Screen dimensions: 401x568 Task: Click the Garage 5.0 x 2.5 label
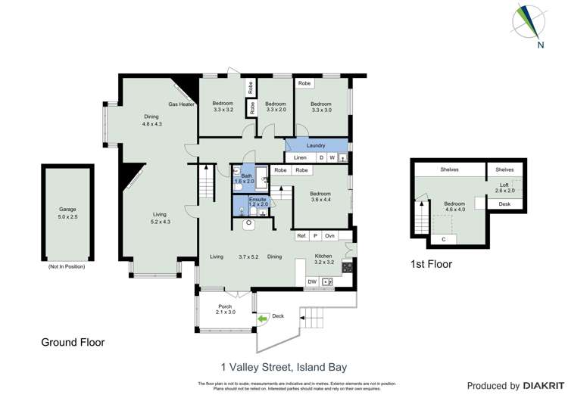tap(68, 213)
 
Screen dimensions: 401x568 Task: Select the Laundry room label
tap(316, 145)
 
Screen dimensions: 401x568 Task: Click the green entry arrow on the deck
tap(262, 319)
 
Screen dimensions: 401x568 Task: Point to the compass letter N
tap(540, 45)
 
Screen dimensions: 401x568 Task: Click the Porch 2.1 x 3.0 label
tap(225, 309)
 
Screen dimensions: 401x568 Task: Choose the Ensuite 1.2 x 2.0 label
tap(258, 201)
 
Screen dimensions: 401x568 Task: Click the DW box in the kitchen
tap(312, 282)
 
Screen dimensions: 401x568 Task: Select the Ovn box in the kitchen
tap(330, 236)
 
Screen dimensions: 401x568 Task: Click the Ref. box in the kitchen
tap(301, 236)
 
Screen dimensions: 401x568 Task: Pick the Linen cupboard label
tap(301, 157)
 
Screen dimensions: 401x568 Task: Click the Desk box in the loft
tap(504, 204)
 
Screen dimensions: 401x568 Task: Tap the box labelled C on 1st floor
tap(443, 240)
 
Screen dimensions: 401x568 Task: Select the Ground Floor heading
tap(73, 343)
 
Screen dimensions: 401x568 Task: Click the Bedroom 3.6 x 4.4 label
tap(321, 197)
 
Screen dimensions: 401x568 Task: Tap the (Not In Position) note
tap(67, 266)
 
